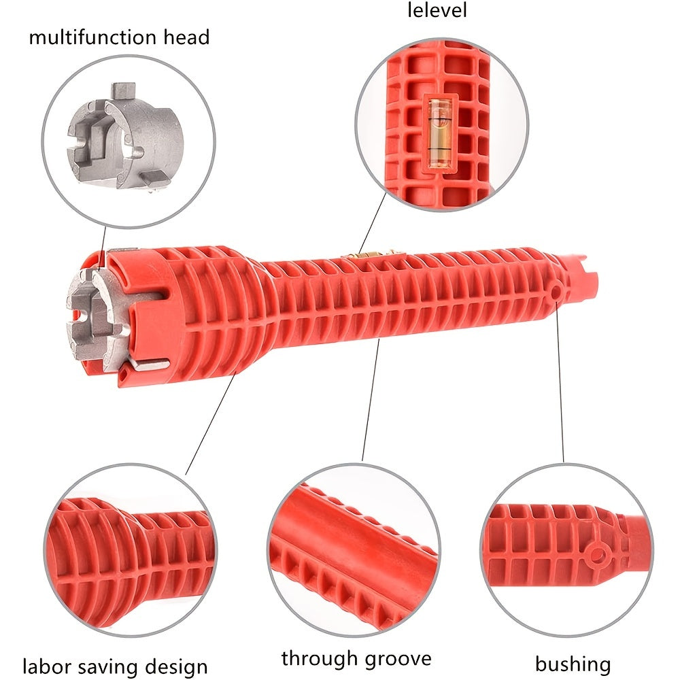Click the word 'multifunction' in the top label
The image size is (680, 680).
[93, 37]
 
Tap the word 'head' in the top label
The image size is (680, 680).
[187, 37]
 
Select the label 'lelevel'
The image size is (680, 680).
[437, 10]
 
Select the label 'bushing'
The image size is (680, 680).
[573, 664]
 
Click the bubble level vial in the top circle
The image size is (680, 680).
[439, 133]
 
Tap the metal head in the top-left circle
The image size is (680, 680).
[124, 138]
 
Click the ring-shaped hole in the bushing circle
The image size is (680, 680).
[597, 554]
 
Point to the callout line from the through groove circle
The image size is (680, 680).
[371, 399]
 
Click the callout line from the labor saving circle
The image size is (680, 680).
[211, 423]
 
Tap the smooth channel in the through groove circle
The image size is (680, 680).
[347, 539]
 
